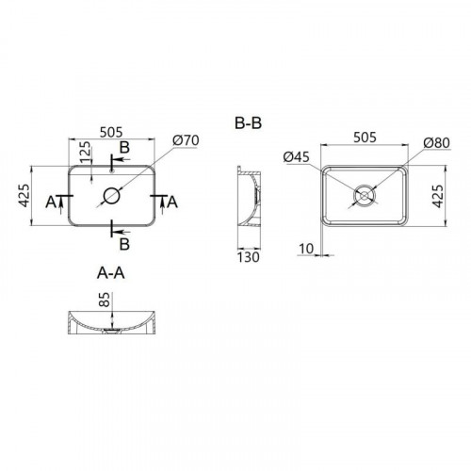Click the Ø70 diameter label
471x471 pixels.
(x=186, y=140)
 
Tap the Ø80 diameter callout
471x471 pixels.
(x=436, y=143)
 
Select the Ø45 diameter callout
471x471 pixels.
(x=296, y=157)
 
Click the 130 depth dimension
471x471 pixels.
(x=248, y=257)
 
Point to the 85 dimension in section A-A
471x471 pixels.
(x=105, y=300)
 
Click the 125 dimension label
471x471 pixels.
(x=85, y=153)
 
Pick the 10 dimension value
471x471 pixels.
(x=306, y=249)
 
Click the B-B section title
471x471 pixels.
(x=248, y=122)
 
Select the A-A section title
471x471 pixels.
(x=111, y=273)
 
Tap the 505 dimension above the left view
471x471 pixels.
(x=111, y=132)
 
